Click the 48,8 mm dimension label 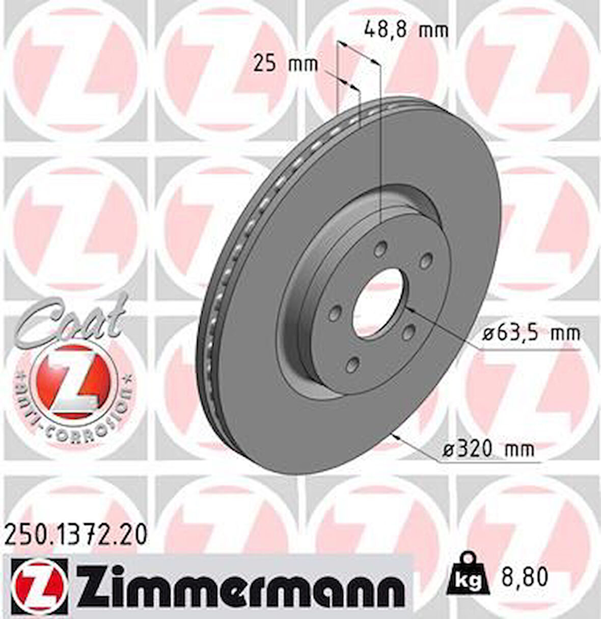406,30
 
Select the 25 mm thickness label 285,64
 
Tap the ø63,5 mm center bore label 531,334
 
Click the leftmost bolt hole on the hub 335,314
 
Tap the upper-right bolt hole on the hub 424,261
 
